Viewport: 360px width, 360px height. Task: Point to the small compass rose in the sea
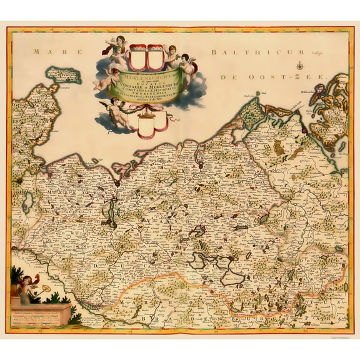pyautogui.click(x=301, y=66)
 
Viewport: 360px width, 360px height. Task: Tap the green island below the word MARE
pyautogui.click(x=76, y=76)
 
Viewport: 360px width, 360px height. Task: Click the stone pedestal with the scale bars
pyautogui.click(x=39, y=312)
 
